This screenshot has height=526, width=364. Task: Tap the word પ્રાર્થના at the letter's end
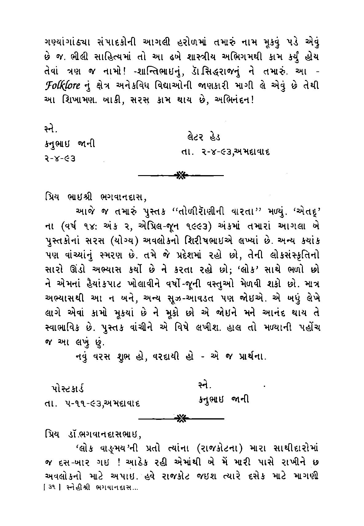[x=249, y=357]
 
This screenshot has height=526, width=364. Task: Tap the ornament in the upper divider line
[x=181, y=176]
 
